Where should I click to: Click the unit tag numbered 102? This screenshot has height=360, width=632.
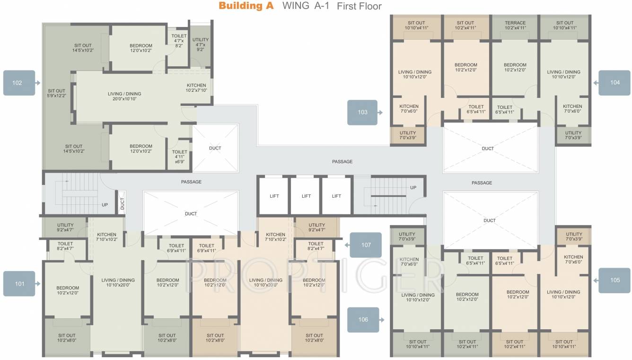[18, 83]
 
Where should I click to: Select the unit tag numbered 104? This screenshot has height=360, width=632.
[614, 83]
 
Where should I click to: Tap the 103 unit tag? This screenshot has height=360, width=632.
[362, 113]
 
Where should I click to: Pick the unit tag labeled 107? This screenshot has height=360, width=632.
[366, 245]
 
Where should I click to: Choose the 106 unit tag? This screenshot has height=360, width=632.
[363, 320]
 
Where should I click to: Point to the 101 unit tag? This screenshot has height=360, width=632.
[19, 284]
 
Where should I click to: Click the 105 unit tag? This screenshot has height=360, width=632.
[614, 280]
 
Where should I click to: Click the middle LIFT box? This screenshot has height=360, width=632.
[306, 196]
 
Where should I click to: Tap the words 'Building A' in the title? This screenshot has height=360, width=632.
[246, 6]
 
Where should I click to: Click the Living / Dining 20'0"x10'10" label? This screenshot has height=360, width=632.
[124, 97]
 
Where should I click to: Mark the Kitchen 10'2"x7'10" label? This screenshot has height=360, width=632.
[196, 88]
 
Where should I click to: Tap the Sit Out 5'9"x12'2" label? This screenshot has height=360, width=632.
[56, 93]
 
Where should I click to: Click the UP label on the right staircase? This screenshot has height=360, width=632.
[413, 188]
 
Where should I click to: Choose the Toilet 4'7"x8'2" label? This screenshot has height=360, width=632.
[179, 40]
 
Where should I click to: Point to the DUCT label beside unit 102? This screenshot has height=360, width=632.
[215, 148]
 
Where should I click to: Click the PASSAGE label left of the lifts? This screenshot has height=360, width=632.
[191, 182]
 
